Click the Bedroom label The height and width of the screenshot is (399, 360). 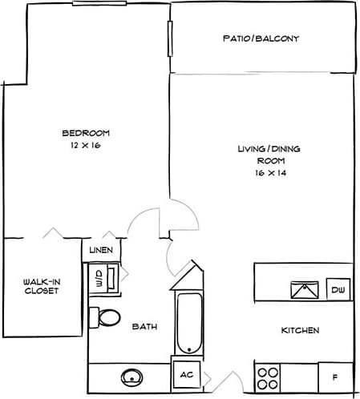tap(87, 133)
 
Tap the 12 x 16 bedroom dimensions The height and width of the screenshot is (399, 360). tap(87, 146)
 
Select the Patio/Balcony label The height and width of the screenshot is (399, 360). tap(261, 38)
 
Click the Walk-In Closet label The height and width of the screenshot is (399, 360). tap(40, 286)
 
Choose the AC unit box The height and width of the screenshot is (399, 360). tap(188, 374)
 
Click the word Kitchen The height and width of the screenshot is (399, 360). tap(300, 331)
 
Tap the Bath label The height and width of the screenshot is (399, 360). tap(144, 327)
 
